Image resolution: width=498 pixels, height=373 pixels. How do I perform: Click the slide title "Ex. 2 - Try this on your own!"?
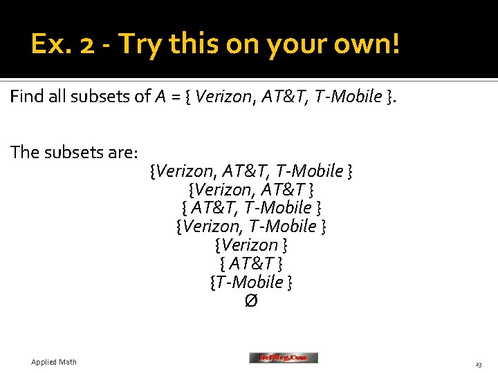215,45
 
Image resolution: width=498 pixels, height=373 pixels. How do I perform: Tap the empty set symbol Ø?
251,301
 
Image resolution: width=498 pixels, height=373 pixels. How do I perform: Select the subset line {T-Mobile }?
251,283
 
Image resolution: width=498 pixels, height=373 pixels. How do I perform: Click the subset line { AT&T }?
251,264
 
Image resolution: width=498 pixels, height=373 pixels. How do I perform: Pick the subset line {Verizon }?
251,245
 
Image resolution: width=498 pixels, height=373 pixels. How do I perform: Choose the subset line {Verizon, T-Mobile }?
251,227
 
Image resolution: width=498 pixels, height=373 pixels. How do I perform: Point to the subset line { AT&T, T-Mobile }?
251,208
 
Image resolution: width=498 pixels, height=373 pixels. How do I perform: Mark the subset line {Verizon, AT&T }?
251,189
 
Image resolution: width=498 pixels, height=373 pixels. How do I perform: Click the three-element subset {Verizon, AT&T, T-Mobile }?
251,171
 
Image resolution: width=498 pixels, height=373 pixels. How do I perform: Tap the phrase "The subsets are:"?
75,152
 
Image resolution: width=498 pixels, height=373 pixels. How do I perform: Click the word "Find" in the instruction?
27,97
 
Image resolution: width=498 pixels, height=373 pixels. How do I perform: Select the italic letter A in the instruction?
160,97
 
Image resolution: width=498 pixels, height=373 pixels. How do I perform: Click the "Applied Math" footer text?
54,362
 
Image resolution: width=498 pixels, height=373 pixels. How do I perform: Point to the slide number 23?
478,363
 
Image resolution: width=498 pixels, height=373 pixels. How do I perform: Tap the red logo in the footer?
284,358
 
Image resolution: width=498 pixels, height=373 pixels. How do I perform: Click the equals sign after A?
174,97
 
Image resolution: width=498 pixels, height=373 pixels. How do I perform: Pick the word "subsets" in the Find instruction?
103,97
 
